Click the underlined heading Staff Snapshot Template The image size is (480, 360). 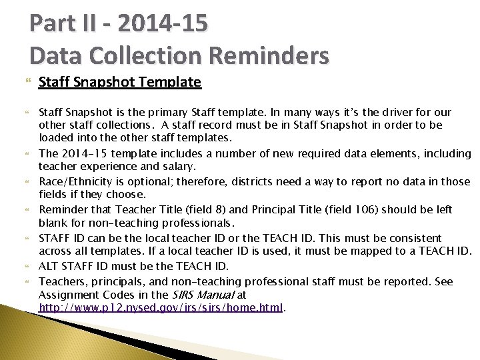coord(119,82)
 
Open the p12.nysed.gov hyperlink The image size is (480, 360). coord(161,307)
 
